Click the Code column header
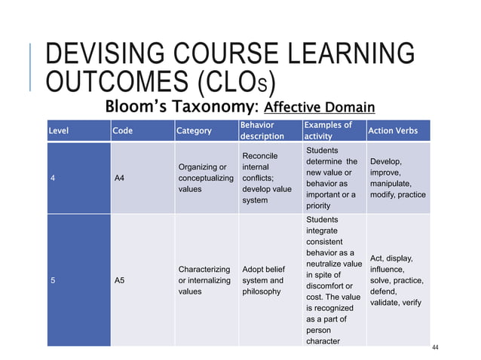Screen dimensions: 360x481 tap(122, 130)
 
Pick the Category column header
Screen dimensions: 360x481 tap(194, 130)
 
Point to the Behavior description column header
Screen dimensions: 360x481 tap(262, 130)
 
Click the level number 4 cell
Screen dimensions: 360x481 tap(52, 178)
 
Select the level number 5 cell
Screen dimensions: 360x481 tap(52, 280)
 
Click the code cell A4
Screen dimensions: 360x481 tap(119, 178)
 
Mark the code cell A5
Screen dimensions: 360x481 tap(119, 280)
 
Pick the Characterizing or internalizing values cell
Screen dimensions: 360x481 tap(204, 279)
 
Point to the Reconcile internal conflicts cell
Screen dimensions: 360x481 tap(267, 178)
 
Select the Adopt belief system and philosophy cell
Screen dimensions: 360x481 tap(263, 279)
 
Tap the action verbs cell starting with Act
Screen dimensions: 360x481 tap(397, 280)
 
